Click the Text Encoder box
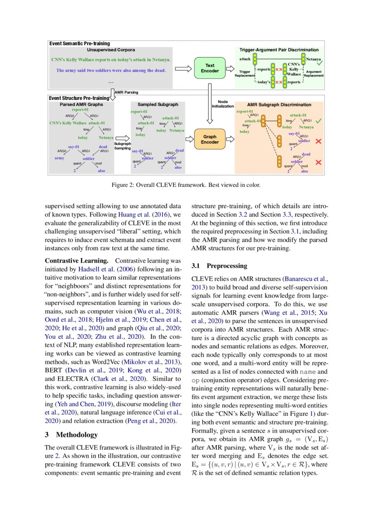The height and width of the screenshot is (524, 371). coord(210,69)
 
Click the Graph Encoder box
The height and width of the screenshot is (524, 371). coord(210,139)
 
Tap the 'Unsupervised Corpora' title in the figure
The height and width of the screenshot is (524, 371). coord(111,50)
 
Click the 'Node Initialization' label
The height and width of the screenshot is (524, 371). coord(223,104)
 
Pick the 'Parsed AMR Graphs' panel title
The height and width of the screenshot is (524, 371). coord(81,104)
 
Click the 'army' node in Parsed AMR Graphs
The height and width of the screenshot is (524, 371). coord(59,158)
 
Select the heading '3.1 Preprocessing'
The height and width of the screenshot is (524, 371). coord(219,266)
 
